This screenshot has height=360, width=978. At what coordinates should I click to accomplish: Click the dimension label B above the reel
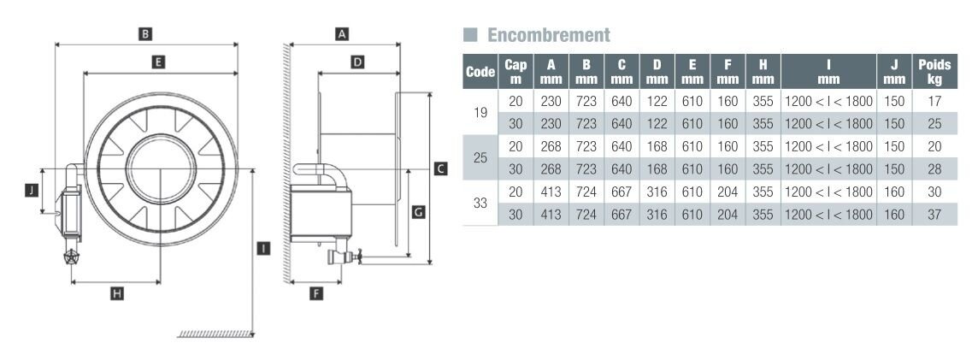coord(145,33)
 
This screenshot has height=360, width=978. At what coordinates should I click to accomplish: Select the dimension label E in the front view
coord(158,62)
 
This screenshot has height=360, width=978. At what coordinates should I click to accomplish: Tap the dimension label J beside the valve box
coord(32,191)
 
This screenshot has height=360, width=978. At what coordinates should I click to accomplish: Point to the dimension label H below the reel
coord(116,293)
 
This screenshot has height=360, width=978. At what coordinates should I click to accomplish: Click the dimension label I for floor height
coord(264,248)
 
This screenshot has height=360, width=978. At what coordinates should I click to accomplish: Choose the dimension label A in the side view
coord(341,33)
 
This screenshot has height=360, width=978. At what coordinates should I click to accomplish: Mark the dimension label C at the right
coord(440,168)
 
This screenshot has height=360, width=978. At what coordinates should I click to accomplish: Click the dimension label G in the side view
coord(419,212)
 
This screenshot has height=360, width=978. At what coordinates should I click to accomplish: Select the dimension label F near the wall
coord(316,293)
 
